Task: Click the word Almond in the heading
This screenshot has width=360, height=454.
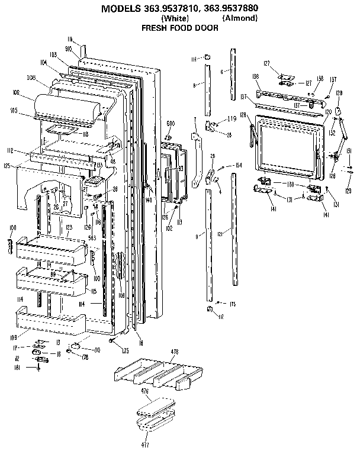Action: tap(240, 18)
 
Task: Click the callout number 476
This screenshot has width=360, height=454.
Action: tap(144, 391)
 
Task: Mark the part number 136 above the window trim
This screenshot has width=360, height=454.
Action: tap(256, 78)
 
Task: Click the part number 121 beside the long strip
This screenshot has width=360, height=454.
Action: tap(219, 235)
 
